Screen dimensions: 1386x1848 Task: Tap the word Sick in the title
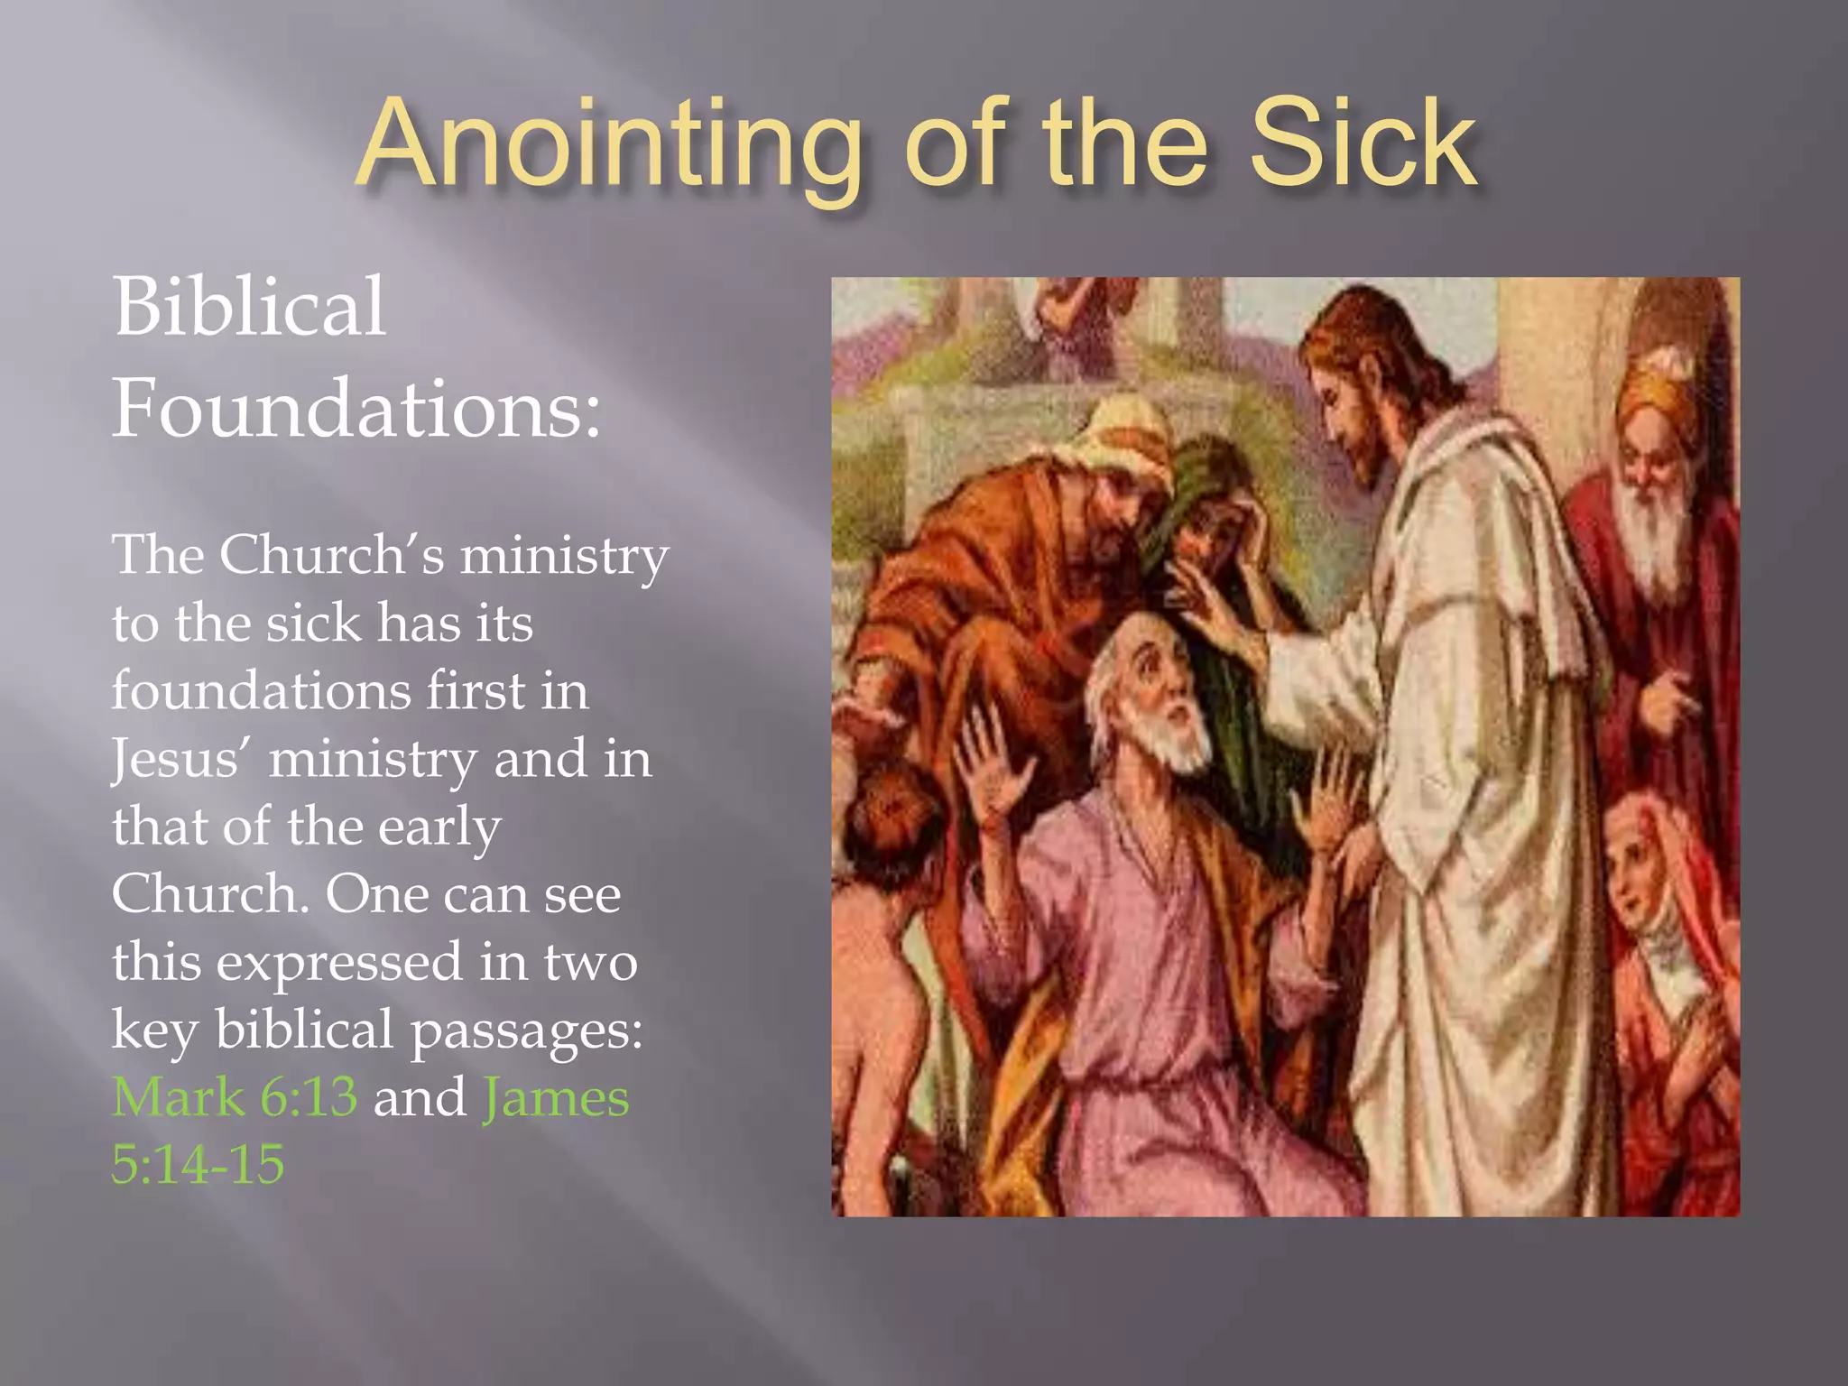pyautogui.click(x=1363, y=144)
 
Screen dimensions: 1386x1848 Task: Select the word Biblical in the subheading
pyautogui.click(x=249, y=307)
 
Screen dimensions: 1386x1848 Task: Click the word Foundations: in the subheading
pyautogui.click(x=356, y=408)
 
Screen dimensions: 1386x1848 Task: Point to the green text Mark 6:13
pyautogui.click(x=235, y=1097)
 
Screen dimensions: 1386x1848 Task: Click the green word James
pyautogui.click(x=555, y=1097)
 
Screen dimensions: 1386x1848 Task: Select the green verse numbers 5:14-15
pyautogui.click(x=198, y=1164)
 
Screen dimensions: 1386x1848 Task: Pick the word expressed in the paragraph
pyautogui.click(x=339, y=962)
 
